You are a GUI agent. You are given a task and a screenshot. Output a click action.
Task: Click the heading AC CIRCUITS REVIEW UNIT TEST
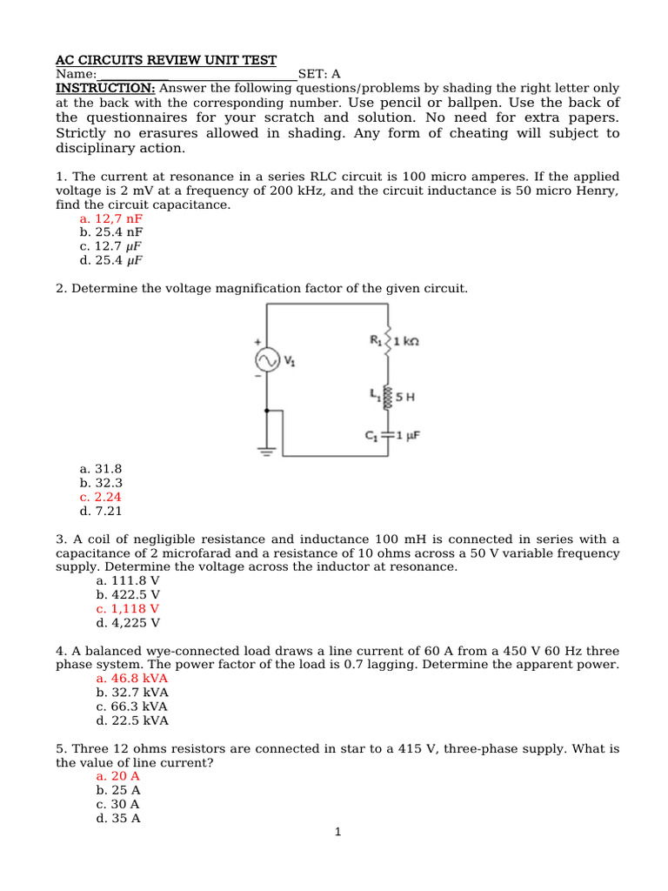pyautogui.click(x=166, y=60)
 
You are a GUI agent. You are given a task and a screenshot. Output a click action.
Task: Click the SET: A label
pyautogui.click(x=319, y=74)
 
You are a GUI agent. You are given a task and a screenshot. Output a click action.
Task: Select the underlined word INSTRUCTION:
pyautogui.click(x=106, y=88)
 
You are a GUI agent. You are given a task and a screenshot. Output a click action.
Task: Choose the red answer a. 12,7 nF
pyautogui.click(x=110, y=218)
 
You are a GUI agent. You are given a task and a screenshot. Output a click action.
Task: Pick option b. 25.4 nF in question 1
pyautogui.click(x=111, y=232)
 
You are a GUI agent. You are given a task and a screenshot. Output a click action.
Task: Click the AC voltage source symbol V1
pyautogui.click(x=265, y=360)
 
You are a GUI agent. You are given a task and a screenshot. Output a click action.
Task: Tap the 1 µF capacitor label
pyautogui.click(x=407, y=434)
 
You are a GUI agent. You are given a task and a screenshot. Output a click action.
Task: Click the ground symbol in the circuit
pyautogui.click(x=267, y=450)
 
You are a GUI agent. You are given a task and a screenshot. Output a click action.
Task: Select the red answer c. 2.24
pyautogui.click(x=101, y=497)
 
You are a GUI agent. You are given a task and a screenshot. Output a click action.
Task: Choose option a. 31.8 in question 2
pyautogui.click(x=101, y=468)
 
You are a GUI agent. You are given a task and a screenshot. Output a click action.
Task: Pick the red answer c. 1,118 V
pyautogui.click(x=128, y=608)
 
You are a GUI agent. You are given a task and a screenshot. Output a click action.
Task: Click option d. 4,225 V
pyautogui.click(x=128, y=622)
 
